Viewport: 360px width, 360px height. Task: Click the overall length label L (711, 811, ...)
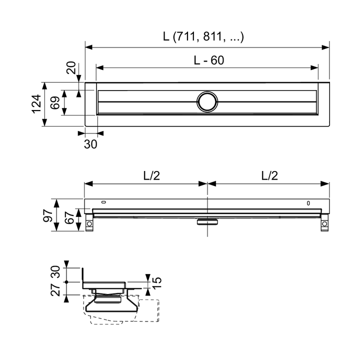(203, 37)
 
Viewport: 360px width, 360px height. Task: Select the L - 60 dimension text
(209, 60)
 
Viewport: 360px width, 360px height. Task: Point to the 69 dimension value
(55, 103)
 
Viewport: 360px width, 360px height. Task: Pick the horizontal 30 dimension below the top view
(91, 144)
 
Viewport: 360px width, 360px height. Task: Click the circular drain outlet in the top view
(206, 101)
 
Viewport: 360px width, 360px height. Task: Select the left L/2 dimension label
(152, 175)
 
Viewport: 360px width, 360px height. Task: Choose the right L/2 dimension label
(269, 175)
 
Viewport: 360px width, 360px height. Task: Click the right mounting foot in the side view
(324, 223)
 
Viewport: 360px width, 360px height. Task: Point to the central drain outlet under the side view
(206, 222)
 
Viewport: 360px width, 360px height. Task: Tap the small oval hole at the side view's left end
(103, 202)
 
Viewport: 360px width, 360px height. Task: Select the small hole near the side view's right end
(308, 203)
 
